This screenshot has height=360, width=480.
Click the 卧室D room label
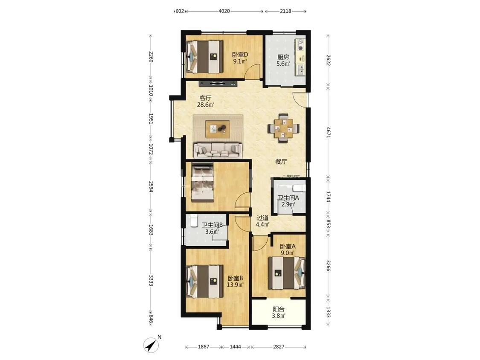[240, 55]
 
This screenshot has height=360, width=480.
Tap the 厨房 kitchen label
[283, 57]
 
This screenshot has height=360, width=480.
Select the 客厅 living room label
[205, 98]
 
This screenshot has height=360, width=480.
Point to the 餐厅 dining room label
[281, 162]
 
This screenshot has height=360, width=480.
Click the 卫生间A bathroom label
[288, 198]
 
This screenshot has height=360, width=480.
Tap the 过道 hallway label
[263, 218]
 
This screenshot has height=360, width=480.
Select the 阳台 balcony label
[279, 310]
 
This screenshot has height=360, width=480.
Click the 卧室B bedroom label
[235, 278]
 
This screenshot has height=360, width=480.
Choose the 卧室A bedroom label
[288, 247]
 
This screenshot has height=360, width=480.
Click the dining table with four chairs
[283, 128]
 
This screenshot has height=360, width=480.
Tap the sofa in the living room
[218, 151]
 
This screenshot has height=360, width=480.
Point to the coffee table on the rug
[218, 129]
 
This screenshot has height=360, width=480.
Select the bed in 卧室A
[287, 273]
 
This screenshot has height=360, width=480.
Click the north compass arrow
[150, 345]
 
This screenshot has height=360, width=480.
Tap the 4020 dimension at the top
[224, 12]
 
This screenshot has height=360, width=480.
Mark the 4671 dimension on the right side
[328, 132]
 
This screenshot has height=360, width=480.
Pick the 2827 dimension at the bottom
[279, 347]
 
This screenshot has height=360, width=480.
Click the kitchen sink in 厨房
[301, 70]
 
